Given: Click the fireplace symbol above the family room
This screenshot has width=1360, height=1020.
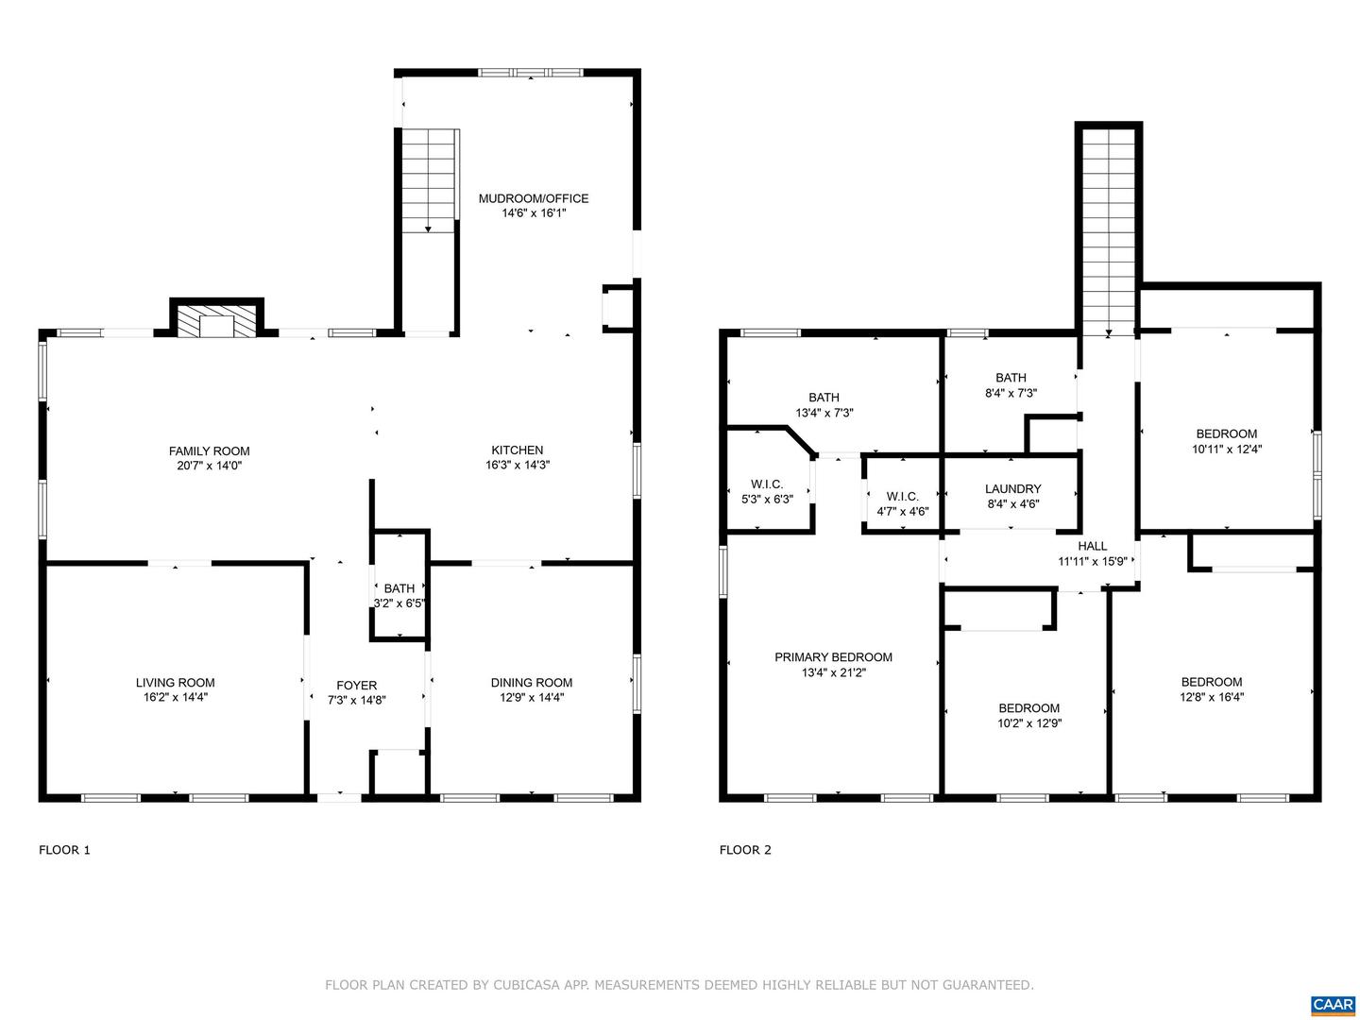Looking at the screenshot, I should tap(217, 322).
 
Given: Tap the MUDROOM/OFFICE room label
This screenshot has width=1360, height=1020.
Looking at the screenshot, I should tap(533, 198).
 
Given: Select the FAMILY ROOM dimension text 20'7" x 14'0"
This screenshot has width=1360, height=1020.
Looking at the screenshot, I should tap(210, 466).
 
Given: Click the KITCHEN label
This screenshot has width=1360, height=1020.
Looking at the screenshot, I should tap(517, 450).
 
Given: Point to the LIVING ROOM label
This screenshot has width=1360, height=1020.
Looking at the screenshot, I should tap(175, 683).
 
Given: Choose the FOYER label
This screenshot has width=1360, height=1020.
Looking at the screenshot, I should tap(356, 686).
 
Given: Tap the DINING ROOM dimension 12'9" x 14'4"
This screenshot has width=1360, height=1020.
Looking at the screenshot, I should tap(532, 698).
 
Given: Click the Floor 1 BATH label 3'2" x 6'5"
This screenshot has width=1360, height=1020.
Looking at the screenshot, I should tap(399, 596).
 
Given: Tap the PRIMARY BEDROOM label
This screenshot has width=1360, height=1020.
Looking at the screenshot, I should tap(833, 657).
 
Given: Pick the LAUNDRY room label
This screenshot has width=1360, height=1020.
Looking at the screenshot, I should tap(1012, 489).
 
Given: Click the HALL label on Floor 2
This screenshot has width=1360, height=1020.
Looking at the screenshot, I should tap(1092, 546).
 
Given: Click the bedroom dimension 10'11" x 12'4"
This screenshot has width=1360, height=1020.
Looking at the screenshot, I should tap(1226, 450).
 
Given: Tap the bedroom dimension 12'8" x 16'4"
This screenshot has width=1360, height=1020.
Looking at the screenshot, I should tap(1211, 698).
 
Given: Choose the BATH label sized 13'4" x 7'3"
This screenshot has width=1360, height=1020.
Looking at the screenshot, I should tap(824, 413).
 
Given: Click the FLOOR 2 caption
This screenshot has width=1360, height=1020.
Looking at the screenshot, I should tap(745, 850).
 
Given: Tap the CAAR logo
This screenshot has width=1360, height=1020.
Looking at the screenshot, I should tap(1333, 1003).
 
